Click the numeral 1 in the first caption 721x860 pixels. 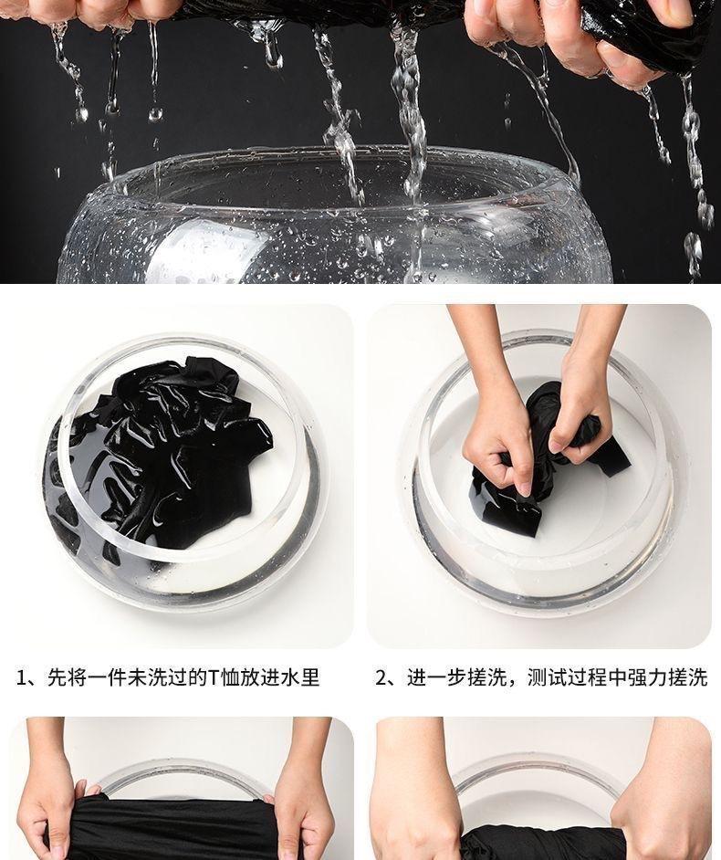pyautogui.click(x=22, y=678)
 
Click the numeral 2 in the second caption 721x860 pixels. pyautogui.click(x=381, y=678)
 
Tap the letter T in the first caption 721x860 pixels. pyautogui.click(x=214, y=678)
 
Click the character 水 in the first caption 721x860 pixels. pyautogui.click(x=289, y=678)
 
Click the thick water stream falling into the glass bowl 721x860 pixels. pyautogui.click(x=409, y=126)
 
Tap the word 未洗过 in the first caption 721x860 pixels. pyautogui.click(x=157, y=678)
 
